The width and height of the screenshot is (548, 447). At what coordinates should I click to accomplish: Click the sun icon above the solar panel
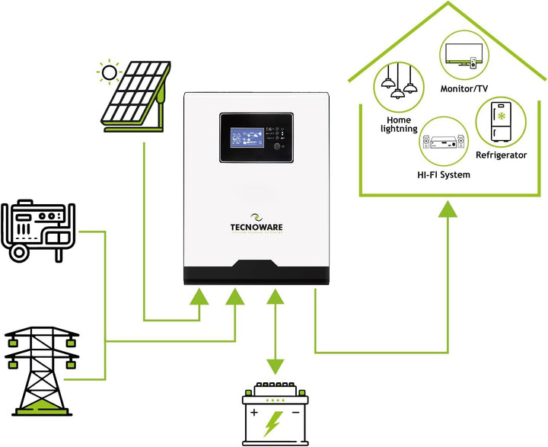point(111,73)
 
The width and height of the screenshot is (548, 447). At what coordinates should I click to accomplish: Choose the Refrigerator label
point(501,155)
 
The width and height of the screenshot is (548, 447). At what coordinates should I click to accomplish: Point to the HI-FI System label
point(444,174)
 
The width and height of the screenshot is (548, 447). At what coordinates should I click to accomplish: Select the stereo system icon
point(443,142)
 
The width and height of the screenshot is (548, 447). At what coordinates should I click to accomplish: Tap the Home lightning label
point(398,124)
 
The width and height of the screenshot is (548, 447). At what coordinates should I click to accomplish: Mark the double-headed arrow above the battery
point(276,328)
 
